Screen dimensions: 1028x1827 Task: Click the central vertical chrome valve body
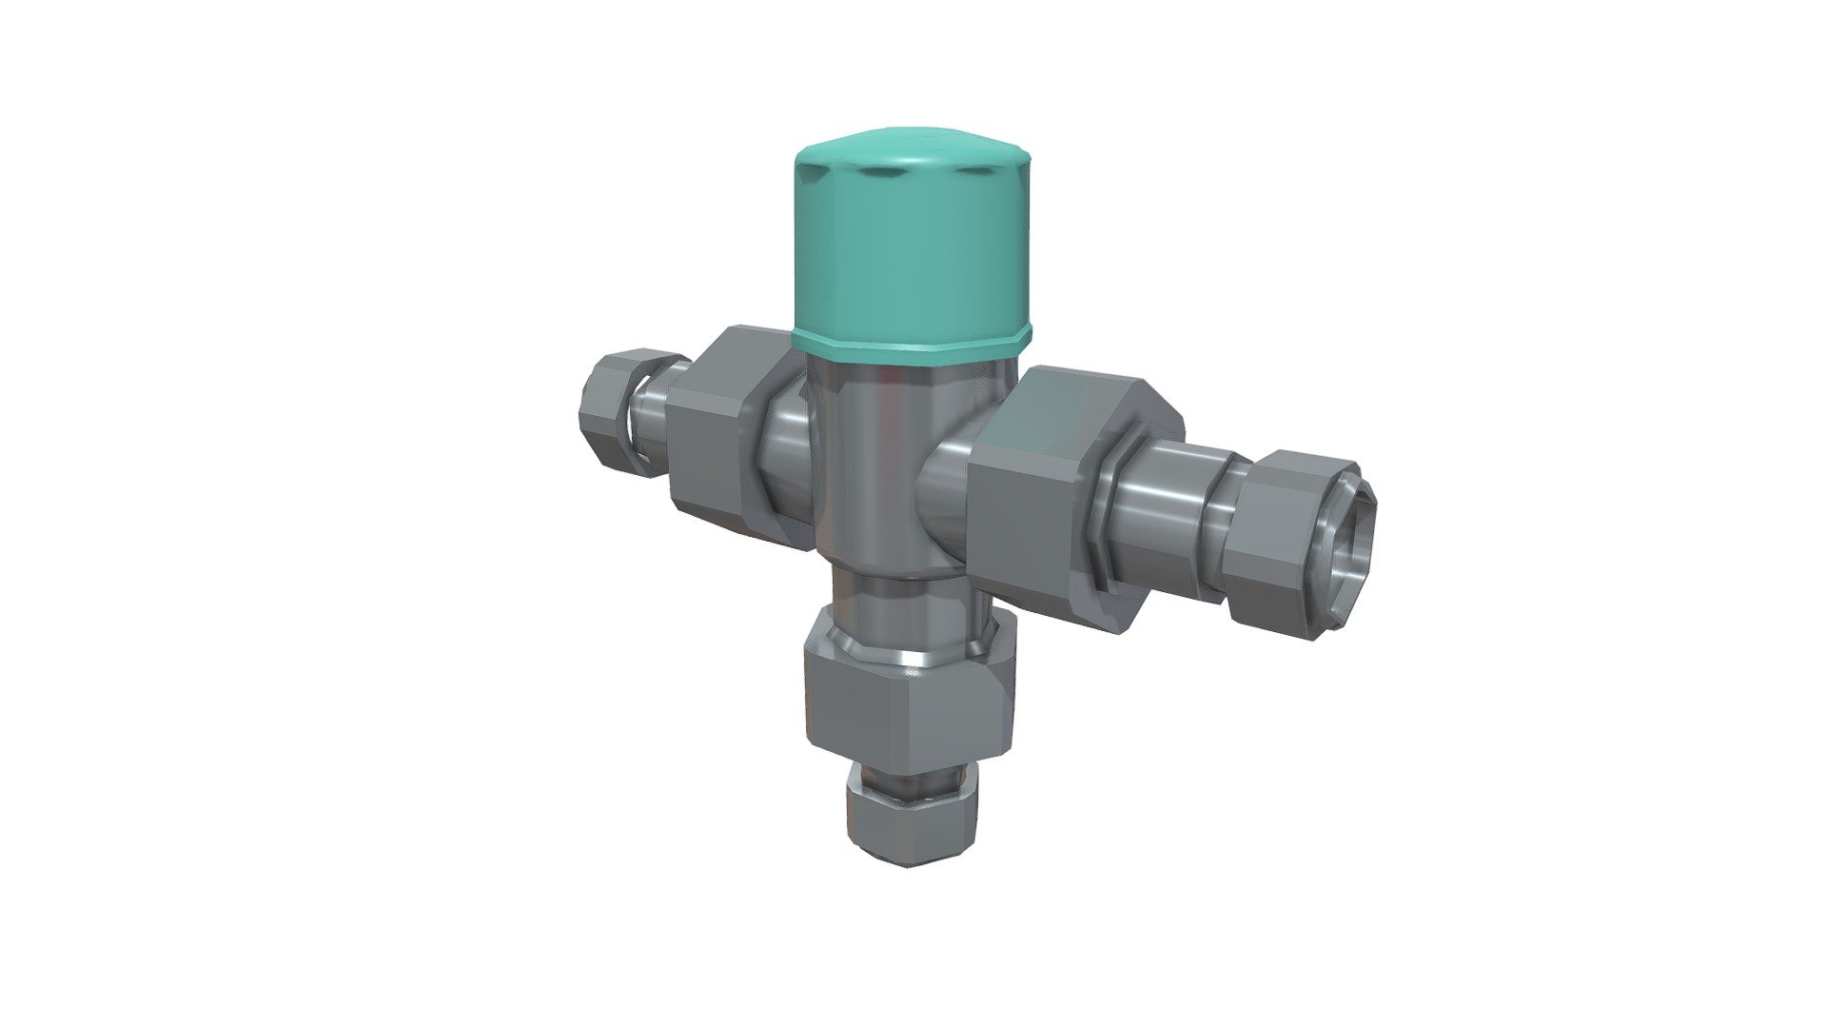coord(871,457)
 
